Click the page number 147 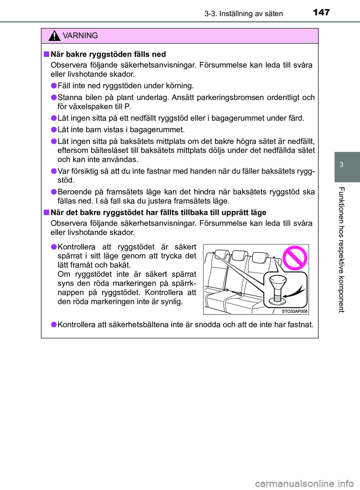click(x=321, y=12)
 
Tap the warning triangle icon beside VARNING click(x=54, y=36)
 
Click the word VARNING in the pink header click(x=80, y=36)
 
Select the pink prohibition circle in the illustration click(x=295, y=258)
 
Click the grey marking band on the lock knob click(x=277, y=298)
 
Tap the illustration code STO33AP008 click(x=294, y=311)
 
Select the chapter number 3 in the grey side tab click(x=341, y=165)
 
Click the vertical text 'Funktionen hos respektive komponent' click(x=341, y=249)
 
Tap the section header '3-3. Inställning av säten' click(x=243, y=14)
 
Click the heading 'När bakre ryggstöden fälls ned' click(x=108, y=54)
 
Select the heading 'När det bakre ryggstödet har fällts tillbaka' click(x=158, y=213)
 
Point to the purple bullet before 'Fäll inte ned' click(x=54, y=86)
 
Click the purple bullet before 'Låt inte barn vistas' click(x=54, y=130)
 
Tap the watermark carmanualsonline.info click(x=304, y=484)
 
